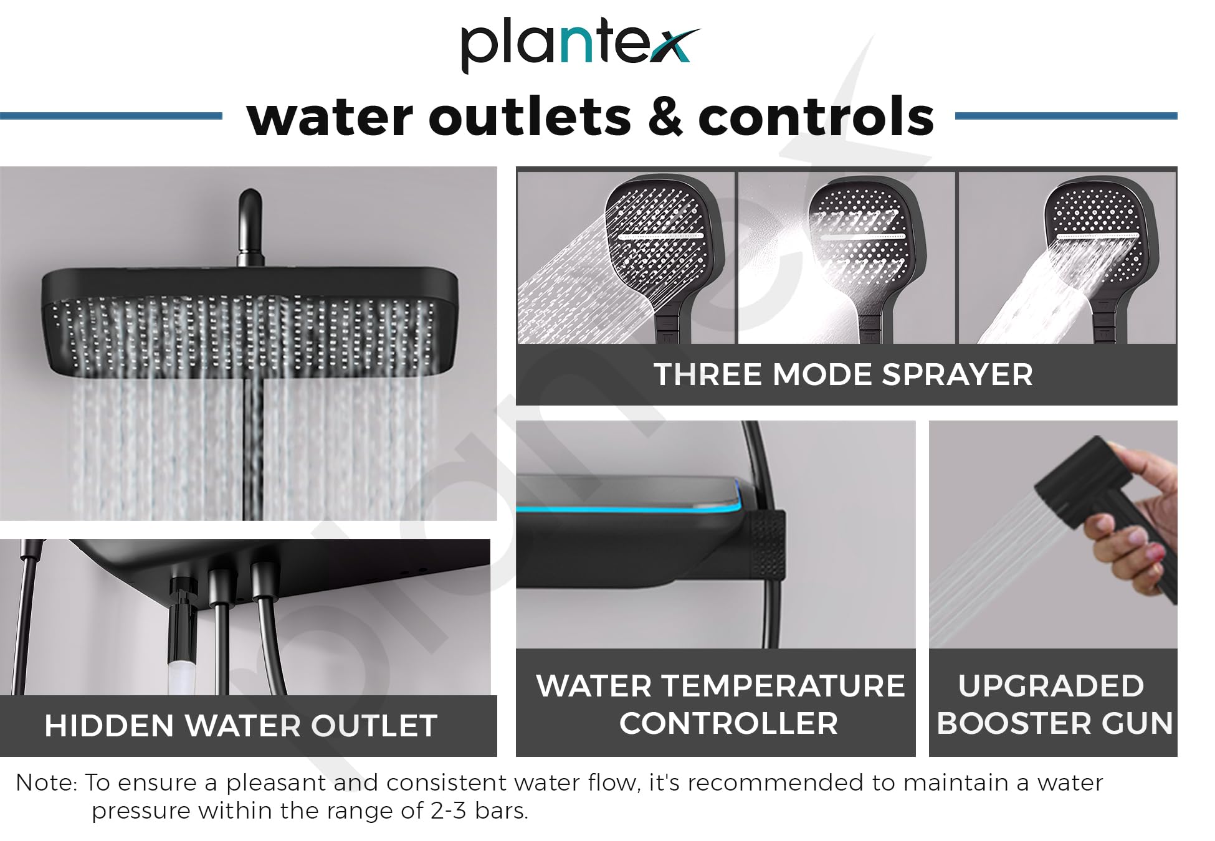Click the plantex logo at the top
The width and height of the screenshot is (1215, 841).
coord(581,48)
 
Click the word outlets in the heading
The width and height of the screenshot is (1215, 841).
coord(530,117)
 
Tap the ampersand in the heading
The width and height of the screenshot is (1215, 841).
coord(665,117)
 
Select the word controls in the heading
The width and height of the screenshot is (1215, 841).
coord(816,117)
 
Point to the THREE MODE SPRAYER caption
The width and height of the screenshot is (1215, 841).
coord(843,374)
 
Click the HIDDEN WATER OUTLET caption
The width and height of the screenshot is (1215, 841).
coord(241,726)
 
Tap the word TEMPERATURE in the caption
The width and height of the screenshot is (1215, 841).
coord(783,686)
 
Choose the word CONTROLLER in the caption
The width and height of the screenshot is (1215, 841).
coord(728,723)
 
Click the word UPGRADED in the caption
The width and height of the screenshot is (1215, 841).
coord(1051,686)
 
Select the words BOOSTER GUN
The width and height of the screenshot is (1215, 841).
coord(1055,723)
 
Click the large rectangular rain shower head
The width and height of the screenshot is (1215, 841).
coord(249,324)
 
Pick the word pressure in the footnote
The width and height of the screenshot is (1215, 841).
coord(141,812)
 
